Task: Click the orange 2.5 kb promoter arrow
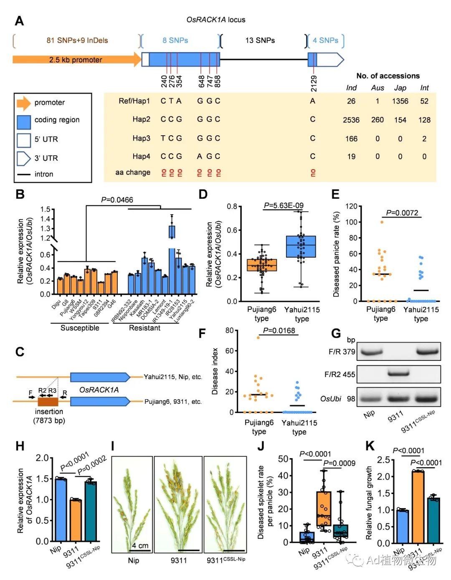(x=75, y=60)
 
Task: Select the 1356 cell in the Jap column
(x=400, y=101)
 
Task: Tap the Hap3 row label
(x=141, y=138)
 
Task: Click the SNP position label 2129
(x=314, y=83)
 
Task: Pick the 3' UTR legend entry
(x=46, y=158)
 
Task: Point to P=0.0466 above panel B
(x=117, y=200)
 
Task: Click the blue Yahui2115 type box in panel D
(x=301, y=246)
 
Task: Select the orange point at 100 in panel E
(x=382, y=222)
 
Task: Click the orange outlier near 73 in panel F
(x=258, y=337)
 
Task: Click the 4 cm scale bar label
(x=140, y=545)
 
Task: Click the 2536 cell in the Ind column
(x=351, y=120)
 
